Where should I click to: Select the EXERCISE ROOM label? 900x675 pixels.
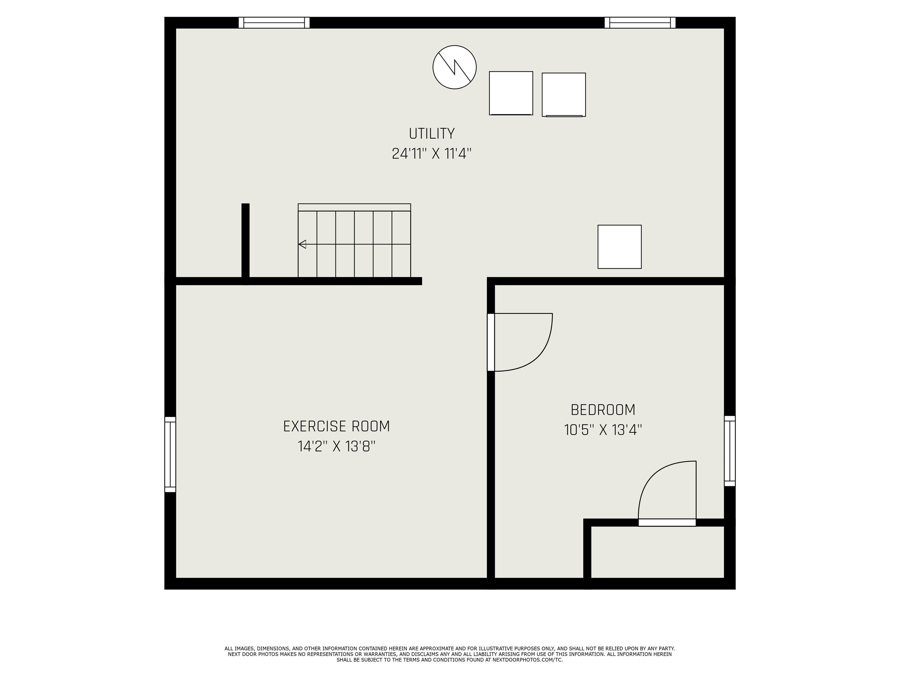[x=337, y=426]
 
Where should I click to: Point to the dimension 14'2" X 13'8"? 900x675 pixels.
[x=337, y=447]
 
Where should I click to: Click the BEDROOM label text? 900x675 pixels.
[x=603, y=410]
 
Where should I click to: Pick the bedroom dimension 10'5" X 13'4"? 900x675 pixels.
[x=603, y=430]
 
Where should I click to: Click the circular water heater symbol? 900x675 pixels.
[x=454, y=67]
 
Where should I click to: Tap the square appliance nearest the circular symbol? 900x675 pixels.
[x=511, y=93]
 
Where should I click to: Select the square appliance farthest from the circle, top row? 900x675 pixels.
[x=564, y=95]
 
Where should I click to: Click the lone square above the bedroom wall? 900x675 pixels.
[x=620, y=247]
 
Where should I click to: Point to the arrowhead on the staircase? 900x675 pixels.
[x=302, y=244]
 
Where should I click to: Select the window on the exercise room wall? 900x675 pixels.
[x=170, y=454]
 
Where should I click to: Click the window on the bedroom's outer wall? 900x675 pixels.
[x=730, y=451]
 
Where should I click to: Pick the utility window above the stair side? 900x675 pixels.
[x=274, y=23]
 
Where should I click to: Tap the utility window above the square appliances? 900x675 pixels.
[x=640, y=23]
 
